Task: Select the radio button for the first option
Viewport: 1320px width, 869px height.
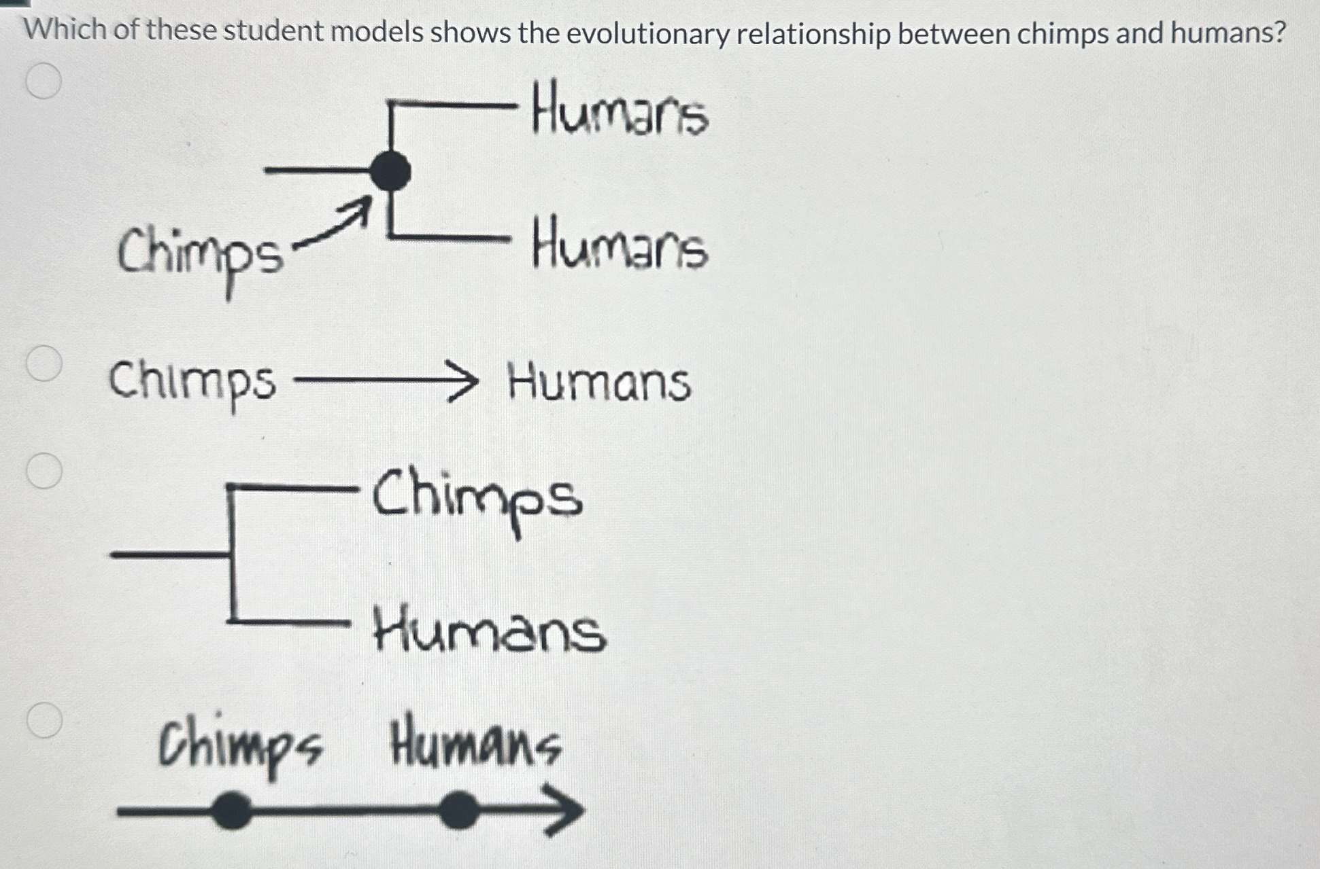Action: click(44, 82)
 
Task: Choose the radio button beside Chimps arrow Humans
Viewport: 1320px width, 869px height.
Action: click(44, 363)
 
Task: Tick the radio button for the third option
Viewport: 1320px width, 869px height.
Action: click(44, 471)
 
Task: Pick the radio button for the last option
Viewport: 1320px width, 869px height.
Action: click(45, 720)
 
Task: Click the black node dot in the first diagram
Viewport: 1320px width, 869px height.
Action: click(390, 171)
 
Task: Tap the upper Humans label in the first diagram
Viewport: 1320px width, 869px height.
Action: click(620, 111)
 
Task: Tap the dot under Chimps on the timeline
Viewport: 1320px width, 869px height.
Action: click(232, 811)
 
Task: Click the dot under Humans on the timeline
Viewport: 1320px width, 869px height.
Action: click(458, 811)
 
